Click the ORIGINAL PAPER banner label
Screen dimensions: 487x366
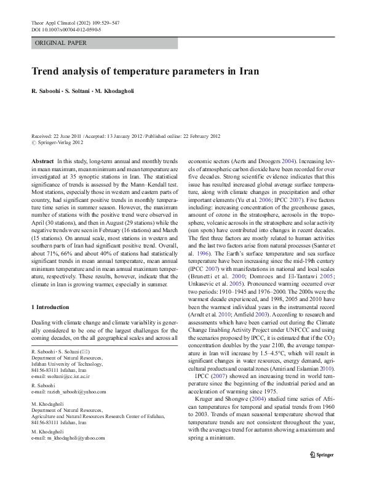tap(60, 43)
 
